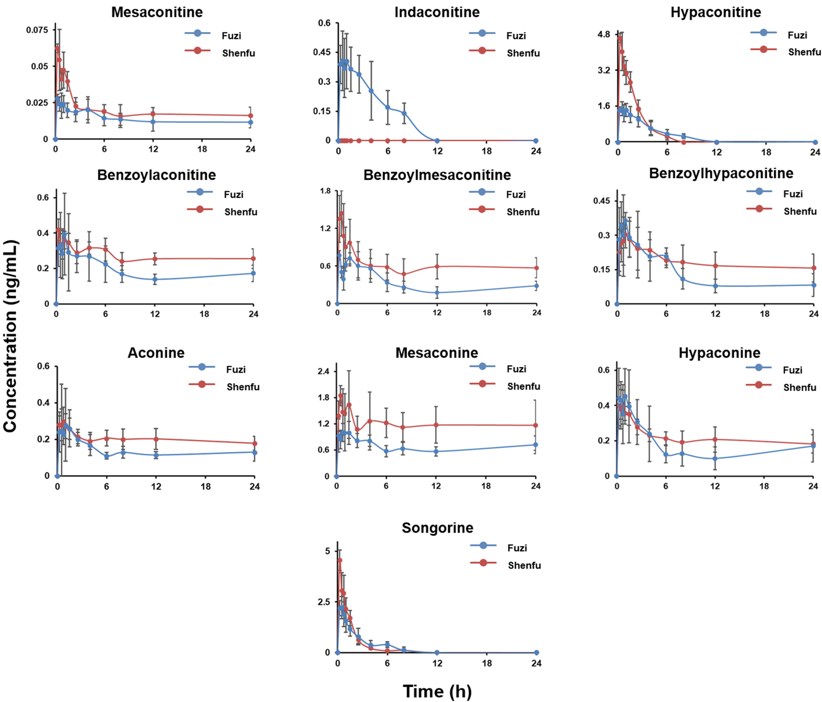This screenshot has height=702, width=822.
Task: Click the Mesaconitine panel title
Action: [x=157, y=12]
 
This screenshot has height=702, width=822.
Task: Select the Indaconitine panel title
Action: [x=437, y=12]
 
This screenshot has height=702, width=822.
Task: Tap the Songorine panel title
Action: [x=437, y=528]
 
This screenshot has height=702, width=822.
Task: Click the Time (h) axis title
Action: [x=437, y=691]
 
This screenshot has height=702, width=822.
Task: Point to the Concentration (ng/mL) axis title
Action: [x=10, y=336]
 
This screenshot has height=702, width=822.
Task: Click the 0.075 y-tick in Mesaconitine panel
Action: [x=37, y=30]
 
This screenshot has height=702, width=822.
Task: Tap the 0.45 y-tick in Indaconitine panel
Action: [x=321, y=52]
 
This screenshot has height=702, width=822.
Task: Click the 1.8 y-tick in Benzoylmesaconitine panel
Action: [x=325, y=191]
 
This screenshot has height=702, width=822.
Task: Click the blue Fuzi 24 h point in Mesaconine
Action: [x=535, y=445]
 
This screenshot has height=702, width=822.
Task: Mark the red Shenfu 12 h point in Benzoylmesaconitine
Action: [x=437, y=266]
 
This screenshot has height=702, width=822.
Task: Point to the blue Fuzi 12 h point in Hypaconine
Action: [x=715, y=459]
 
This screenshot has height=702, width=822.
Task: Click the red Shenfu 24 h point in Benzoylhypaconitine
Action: [x=813, y=268]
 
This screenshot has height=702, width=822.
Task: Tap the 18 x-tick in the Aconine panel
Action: [x=205, y=487]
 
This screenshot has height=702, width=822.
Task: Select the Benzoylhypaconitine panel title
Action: [x=721, y=173]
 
